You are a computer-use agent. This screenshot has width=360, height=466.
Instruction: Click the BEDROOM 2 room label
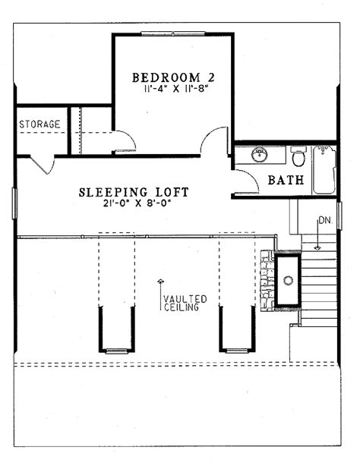pos(173,77)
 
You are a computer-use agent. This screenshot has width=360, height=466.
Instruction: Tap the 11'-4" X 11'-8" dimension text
pos(175,89)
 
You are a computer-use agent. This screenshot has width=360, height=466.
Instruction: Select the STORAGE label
pos(39,124)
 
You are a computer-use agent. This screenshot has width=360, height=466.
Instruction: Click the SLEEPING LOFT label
pos(134,192)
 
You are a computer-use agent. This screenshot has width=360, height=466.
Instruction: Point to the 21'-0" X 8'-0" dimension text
pos(137,203)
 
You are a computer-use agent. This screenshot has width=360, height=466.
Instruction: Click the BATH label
pos(286,180)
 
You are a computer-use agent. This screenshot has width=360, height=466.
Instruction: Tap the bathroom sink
pos(260,155)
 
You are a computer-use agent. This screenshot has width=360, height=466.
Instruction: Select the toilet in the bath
pos(298,156)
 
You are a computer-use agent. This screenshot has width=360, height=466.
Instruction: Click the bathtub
pos(324,169)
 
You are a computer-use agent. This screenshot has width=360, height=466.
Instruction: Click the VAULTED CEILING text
pos(185,303)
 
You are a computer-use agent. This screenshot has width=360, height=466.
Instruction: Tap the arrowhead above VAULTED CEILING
pos(161,281)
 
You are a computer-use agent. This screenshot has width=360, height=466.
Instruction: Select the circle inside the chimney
pos(288,280)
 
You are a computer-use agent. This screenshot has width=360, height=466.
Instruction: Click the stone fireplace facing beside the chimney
pos(267,281)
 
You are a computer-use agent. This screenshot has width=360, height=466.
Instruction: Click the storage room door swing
pos(43,164)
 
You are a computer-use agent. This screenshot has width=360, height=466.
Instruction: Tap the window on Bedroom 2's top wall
pos(173,33)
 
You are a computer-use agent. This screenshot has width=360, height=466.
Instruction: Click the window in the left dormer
pos(117,351)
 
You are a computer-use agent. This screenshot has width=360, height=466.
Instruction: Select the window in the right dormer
pos(237,351)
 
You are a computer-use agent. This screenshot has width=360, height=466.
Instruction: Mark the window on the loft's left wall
pos(14,203)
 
